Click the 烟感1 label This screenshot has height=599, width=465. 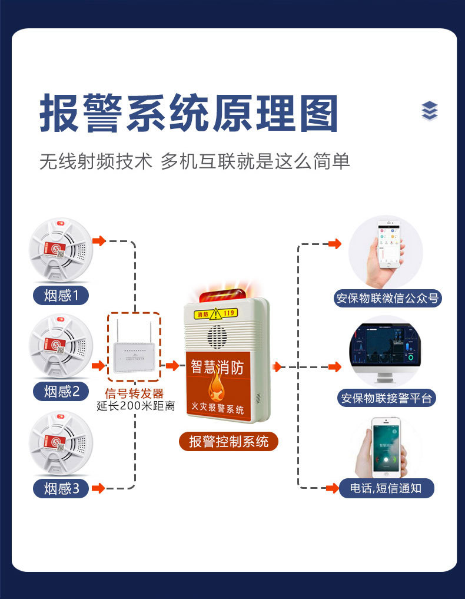61,295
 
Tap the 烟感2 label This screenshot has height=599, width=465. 61,391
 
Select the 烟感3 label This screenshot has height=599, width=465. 61,488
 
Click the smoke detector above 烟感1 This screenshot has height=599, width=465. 61,250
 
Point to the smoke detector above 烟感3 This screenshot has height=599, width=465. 61,444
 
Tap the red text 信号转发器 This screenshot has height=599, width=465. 134,393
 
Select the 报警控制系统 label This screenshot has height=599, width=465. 228,441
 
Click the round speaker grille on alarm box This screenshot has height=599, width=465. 217,336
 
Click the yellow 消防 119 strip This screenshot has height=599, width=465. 216,312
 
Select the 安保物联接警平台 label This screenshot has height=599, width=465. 387,398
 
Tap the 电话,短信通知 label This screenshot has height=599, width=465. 386,488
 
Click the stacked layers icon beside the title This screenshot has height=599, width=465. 430,111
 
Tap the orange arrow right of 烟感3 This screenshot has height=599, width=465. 98,488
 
